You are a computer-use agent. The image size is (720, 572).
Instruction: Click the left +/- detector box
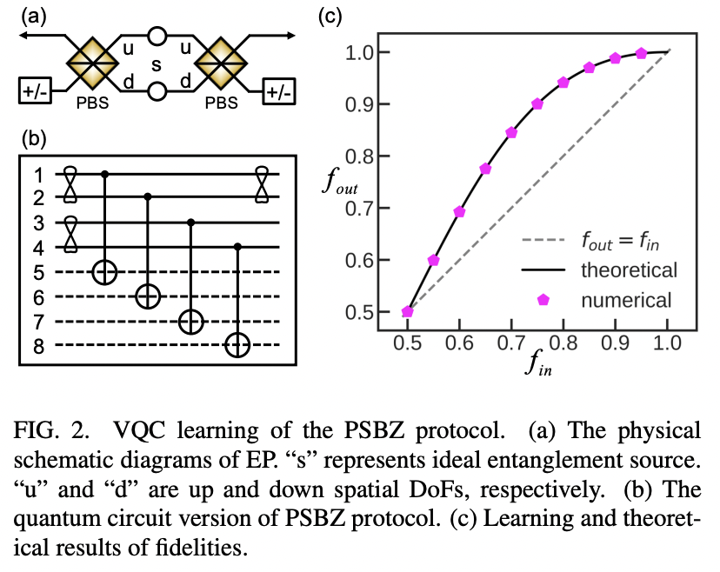click(x=36, y=90)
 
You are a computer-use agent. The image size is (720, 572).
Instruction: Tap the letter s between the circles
click(x=157, y=64)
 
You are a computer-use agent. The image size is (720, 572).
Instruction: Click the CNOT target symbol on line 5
click(x=105, y=272)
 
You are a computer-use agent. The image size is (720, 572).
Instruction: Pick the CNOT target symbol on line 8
click(x=237, y=346)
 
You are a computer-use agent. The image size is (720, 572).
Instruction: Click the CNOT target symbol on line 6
click(x=148, y=297)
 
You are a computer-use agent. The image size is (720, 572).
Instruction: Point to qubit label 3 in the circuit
click(x=37, y=223)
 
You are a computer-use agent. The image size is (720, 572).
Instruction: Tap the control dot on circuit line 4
click(x=237, y=248)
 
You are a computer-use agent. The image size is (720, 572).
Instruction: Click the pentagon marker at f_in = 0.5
click(x=407, y=312)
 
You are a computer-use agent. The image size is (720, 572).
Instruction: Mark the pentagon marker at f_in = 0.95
click(x=642, y=54)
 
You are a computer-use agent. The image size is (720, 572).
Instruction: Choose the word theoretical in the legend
click(x=629, y=269)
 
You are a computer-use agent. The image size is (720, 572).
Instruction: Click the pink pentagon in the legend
click(x=543, y=300)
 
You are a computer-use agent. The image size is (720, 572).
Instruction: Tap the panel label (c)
click(x=330, y=15)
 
